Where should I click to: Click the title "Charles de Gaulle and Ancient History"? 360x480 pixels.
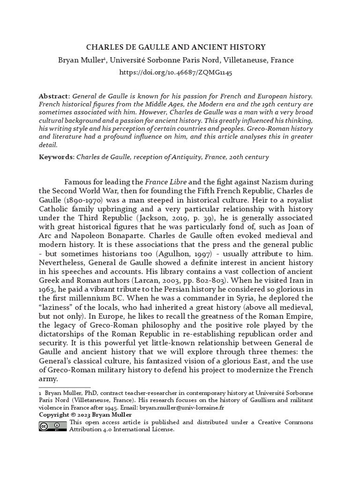pyautogui.click(x=176, y=47)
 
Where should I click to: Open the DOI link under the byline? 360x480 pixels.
pyautogui.click(x=176, y=73)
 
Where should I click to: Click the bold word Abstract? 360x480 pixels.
pyautogui.click(x=53, y=96)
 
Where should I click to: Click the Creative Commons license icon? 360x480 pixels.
pyautogui.click(x=53, y=426)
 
